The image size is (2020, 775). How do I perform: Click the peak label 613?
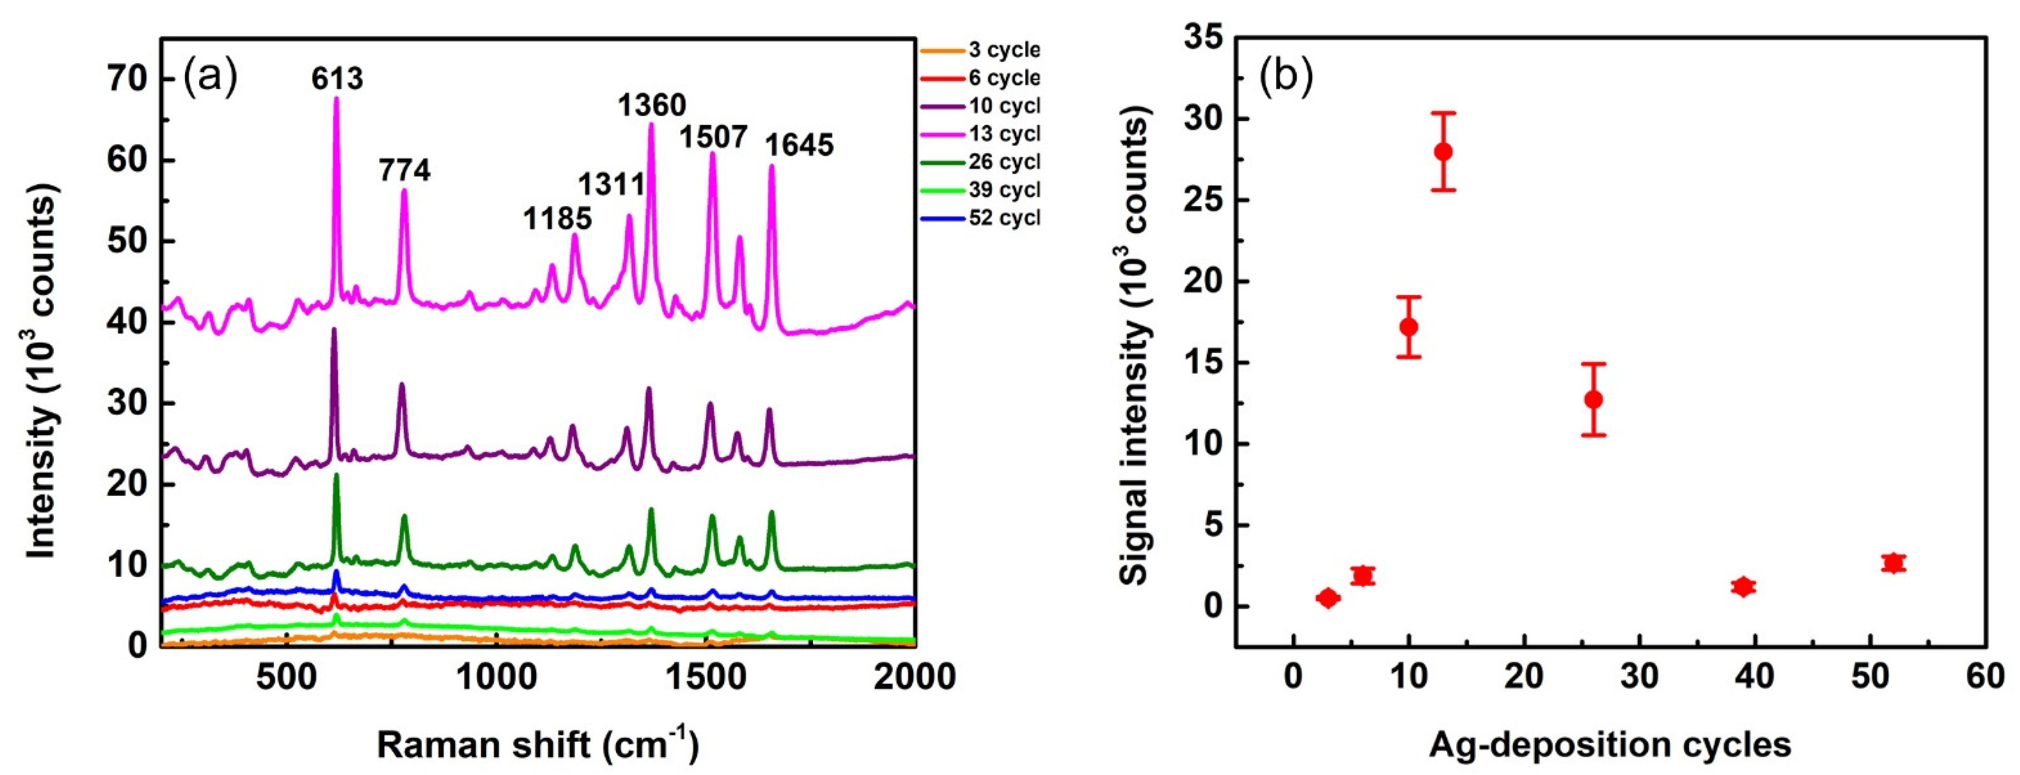337,79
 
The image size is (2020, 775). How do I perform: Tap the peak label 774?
405,170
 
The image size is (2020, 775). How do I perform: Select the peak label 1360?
651,105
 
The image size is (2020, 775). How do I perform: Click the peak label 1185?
558,218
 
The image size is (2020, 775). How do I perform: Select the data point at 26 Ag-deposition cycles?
1593,400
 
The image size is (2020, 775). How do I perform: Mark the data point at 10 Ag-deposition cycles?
1408,327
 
